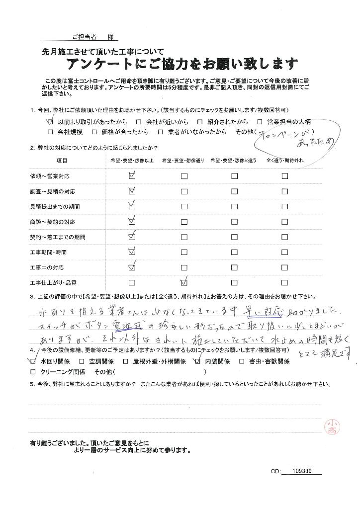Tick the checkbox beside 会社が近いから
(x=139, y=122)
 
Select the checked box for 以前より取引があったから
(x=50, y=121)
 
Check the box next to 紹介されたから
(x=199, y=122)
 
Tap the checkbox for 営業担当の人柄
(x=260, y=122)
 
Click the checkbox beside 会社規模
(x=50, y=132)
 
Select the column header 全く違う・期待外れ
(x=285, y=161)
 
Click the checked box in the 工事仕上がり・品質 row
(x=184, y=282)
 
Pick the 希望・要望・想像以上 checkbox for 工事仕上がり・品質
(x=132, y=283)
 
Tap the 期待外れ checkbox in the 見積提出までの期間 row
(x=285, y=206)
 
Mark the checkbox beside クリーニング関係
(x=33, y=372)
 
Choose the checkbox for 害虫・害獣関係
(x=243, y=361)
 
